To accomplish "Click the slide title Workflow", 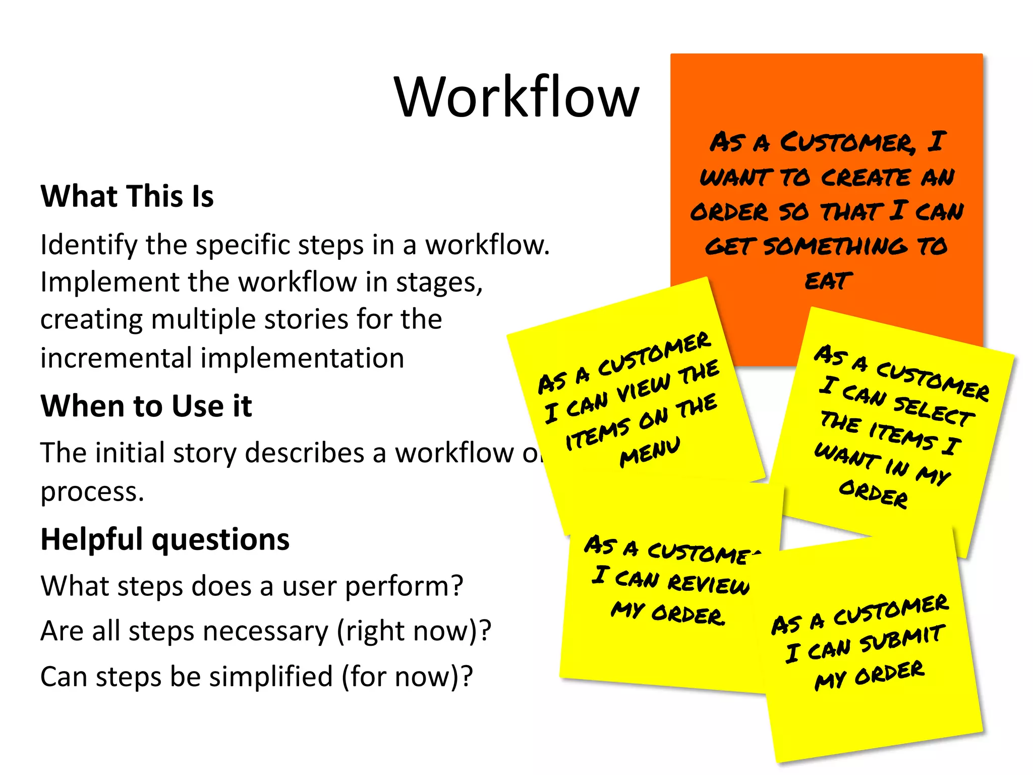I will [516, 97].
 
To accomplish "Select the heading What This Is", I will [127, 196].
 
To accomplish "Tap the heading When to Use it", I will [146, 406].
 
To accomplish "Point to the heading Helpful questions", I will [165, 539].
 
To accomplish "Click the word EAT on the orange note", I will [828, 281].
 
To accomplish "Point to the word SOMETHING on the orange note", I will [835, 246].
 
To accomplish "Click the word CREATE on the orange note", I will [866, 178].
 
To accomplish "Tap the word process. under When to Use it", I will [92, 491].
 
